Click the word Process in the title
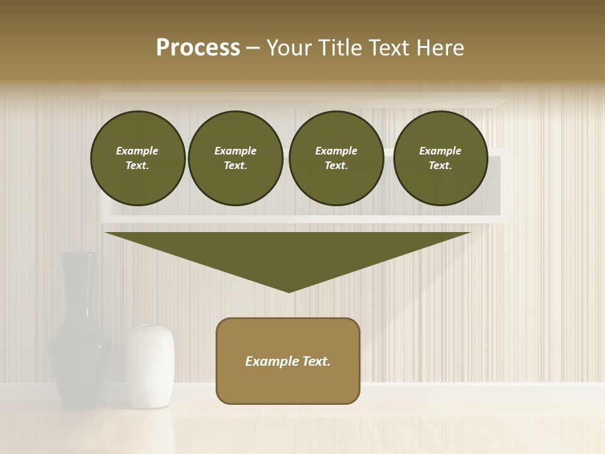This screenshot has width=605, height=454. click(198, 48)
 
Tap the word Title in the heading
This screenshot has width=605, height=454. click(338, 48)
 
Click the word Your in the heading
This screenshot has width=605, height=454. click(289, 48)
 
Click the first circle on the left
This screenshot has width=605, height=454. click(137, 158)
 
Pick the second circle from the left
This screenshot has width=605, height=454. click(235, 158)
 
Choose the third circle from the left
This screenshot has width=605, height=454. click(336, 158)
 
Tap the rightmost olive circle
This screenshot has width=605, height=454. click(440, 158)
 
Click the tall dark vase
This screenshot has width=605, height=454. click(78, 340)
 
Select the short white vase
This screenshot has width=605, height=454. click(149, 366)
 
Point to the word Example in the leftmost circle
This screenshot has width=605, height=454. click(137, 151)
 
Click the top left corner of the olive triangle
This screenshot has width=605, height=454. click(106, 233)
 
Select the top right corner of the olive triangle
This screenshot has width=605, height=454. click(470, 233)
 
